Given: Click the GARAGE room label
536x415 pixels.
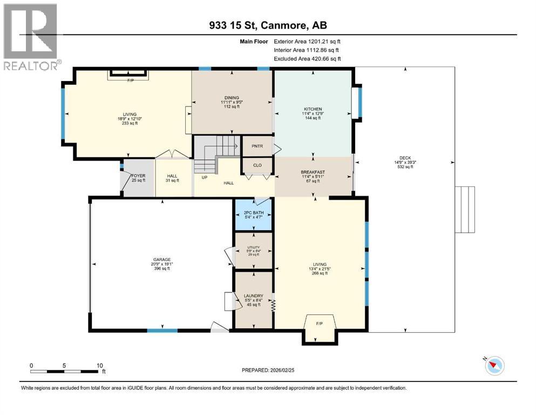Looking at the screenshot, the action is click(x=162, y=259).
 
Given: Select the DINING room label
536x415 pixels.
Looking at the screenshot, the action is click(x=232, y=98).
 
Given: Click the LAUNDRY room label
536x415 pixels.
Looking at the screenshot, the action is click(x=253, y=295).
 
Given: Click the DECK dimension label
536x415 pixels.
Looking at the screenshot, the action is click(x=404, y=158).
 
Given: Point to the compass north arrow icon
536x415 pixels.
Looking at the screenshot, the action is click(x=494, y=366).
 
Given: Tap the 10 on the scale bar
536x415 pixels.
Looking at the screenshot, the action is click(x=99, y=366).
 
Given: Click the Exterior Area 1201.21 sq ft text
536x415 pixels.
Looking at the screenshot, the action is click(x=308, y=41).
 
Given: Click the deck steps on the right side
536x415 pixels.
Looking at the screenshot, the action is click(x=465, y=209).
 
